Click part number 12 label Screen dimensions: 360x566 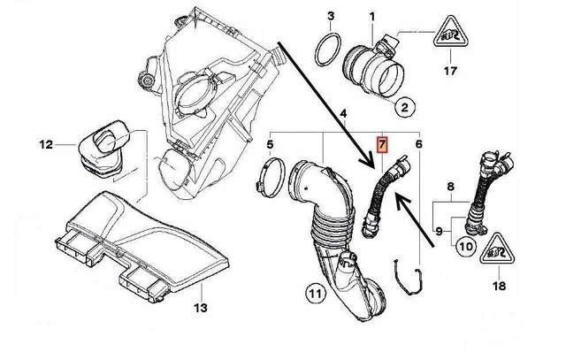46,142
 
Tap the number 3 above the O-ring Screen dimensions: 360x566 330,16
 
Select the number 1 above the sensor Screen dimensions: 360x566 372,16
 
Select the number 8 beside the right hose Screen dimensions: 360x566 449,187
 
